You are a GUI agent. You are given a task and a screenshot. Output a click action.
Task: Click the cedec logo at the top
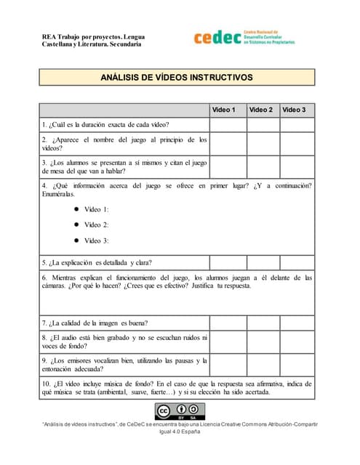244,38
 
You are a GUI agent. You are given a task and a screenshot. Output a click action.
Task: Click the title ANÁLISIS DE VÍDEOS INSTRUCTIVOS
176,76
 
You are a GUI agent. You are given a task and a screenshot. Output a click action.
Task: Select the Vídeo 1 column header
224,110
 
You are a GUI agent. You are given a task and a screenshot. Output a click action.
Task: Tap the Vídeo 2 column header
261,110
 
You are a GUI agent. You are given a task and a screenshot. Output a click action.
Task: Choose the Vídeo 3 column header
295,110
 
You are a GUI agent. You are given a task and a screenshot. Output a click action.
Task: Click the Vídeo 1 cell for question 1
227,125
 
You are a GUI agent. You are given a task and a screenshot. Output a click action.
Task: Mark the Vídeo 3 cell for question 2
297,144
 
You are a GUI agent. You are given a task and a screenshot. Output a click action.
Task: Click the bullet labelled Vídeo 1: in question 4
76,209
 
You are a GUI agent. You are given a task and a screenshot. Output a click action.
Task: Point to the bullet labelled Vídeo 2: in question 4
76,225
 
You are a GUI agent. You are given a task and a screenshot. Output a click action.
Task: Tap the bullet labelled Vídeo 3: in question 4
76,241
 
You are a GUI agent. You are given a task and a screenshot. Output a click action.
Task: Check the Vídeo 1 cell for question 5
227,262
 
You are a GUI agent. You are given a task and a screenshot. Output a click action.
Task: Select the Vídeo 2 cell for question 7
263,323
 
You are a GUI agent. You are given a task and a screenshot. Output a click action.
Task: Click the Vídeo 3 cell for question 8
297,342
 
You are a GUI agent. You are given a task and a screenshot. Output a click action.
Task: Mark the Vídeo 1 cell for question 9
227,365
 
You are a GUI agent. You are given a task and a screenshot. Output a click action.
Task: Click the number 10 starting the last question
46,383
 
